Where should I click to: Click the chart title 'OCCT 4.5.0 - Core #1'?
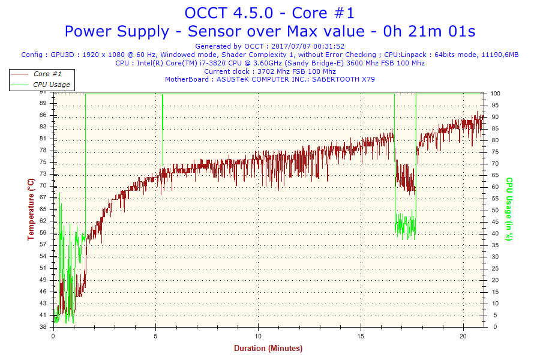pyautogui.click(x=269, y=13)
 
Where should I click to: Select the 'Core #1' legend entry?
pyautogui.click(x=47, y=74)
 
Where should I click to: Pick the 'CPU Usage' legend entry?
pyautogui.click(x=51, y=85)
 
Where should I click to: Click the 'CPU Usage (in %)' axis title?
pyautogui.click(x=509, y=209)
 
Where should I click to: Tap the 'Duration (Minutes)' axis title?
pyautogui.click(x=268, y=348)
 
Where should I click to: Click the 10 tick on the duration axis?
pyautogui.click(x=258, y=335)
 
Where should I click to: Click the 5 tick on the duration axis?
pyautogui.click(x=155, y=335)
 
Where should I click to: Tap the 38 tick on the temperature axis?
pyautogui.click(x=43, y=327)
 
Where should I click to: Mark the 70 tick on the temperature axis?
pyautogui.click(x=43, y=186)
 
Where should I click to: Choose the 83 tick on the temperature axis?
pyautogui.click(x=43, y=127)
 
